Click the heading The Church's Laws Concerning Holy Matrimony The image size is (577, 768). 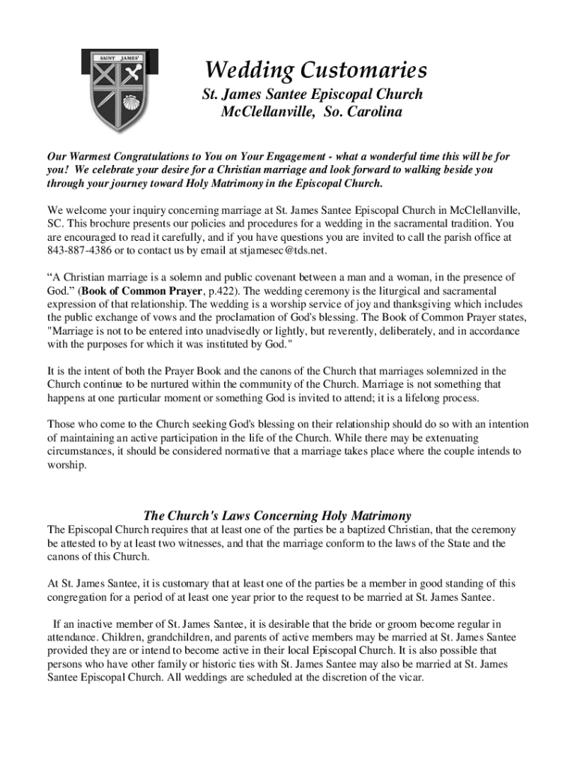tap(277, 515)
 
